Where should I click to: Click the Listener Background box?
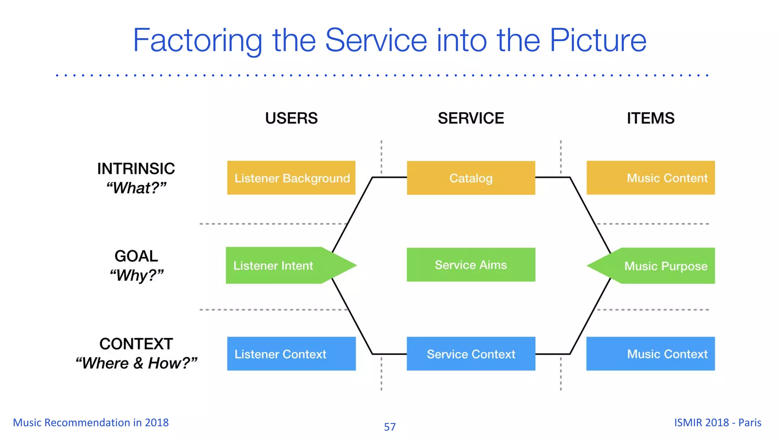point(291,178)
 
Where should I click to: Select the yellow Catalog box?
point(471,178)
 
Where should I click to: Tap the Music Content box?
point(651,178)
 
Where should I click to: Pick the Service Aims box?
point(471,265)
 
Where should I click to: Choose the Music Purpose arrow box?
point(659,266)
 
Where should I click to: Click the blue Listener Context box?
point(291,354)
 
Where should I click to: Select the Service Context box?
point(471,354)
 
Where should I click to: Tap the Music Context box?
point(651,354)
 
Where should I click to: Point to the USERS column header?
point(291,118)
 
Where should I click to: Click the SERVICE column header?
point(471,118)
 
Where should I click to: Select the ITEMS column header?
point(651,118)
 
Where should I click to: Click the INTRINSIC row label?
point(136,168)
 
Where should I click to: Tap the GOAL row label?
point(136,256)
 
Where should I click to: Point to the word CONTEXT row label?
point(136,344)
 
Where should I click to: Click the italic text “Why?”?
point(136,275)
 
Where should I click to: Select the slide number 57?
point(390,427)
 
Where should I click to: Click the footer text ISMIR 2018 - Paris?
point(718,423)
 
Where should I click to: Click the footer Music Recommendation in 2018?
point(91,423)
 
